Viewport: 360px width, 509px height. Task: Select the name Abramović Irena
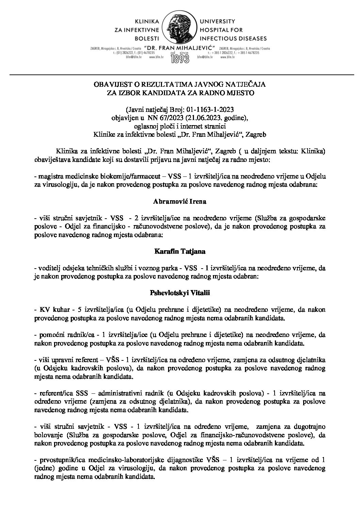point(180,201)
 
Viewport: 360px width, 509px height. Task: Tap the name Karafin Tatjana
point(180,252)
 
